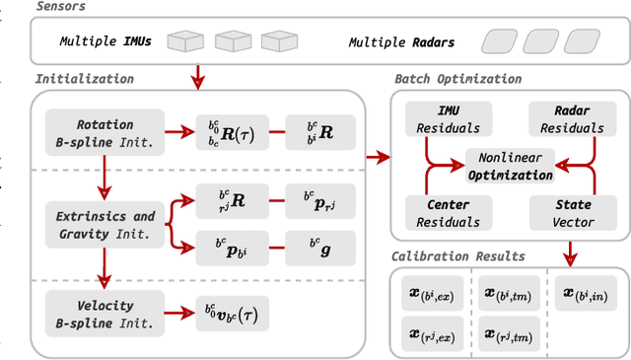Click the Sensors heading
tap(61, 8)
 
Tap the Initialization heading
tap(85, 79)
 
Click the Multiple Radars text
tap(407, 42)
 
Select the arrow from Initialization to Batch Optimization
tap(377, 156)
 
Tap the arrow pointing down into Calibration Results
tap(567, 258)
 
